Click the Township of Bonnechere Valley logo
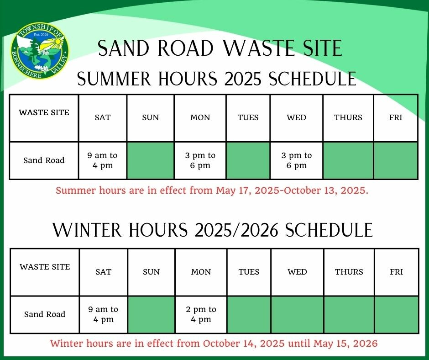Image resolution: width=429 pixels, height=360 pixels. (40, 51)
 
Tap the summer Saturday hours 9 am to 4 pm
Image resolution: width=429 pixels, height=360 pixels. (102, 160)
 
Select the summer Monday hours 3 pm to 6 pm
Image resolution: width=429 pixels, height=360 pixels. (200, 160)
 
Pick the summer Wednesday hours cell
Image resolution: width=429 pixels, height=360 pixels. (296, 160)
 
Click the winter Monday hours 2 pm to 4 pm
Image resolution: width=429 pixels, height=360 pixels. (201, 314)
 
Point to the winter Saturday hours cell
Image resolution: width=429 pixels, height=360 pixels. (104, 314)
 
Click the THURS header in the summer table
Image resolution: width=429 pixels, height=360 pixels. (348, 117)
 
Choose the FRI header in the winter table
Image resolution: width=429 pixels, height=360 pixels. (397, 272)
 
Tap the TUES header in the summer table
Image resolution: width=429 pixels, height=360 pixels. (248, 117)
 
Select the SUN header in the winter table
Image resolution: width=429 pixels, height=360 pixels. (152, 272)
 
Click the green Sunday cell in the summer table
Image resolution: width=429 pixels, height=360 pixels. (151, 160)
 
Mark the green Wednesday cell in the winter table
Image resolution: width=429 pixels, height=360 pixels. (298, 314)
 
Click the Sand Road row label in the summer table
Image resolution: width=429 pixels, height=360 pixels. (44, 160)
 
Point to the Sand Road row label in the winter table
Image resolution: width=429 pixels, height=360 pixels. (45, 314)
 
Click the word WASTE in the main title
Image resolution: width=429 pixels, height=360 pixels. (257, 48)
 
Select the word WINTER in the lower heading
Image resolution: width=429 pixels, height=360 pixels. (87, 230)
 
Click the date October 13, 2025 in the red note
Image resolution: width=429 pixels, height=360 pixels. (324, 191)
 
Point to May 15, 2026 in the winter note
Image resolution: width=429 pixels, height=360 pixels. (345, 344)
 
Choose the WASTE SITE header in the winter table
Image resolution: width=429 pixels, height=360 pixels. (45, 267)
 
